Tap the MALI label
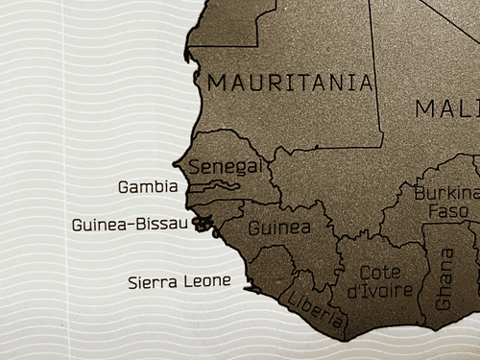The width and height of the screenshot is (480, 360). pos(446,108)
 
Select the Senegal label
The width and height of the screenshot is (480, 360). pos(225,167)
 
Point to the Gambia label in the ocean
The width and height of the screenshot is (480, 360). pos(148,186)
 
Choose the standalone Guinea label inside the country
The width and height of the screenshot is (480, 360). pos(279,228)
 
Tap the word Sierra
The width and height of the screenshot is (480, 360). pos(154,282)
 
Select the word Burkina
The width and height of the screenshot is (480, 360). pos(445,193)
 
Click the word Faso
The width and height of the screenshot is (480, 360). pos(447,210)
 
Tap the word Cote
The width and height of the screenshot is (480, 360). pos(378,273)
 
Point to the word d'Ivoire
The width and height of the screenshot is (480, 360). pos(380,291)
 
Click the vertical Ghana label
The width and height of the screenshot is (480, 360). pos(444,278)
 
